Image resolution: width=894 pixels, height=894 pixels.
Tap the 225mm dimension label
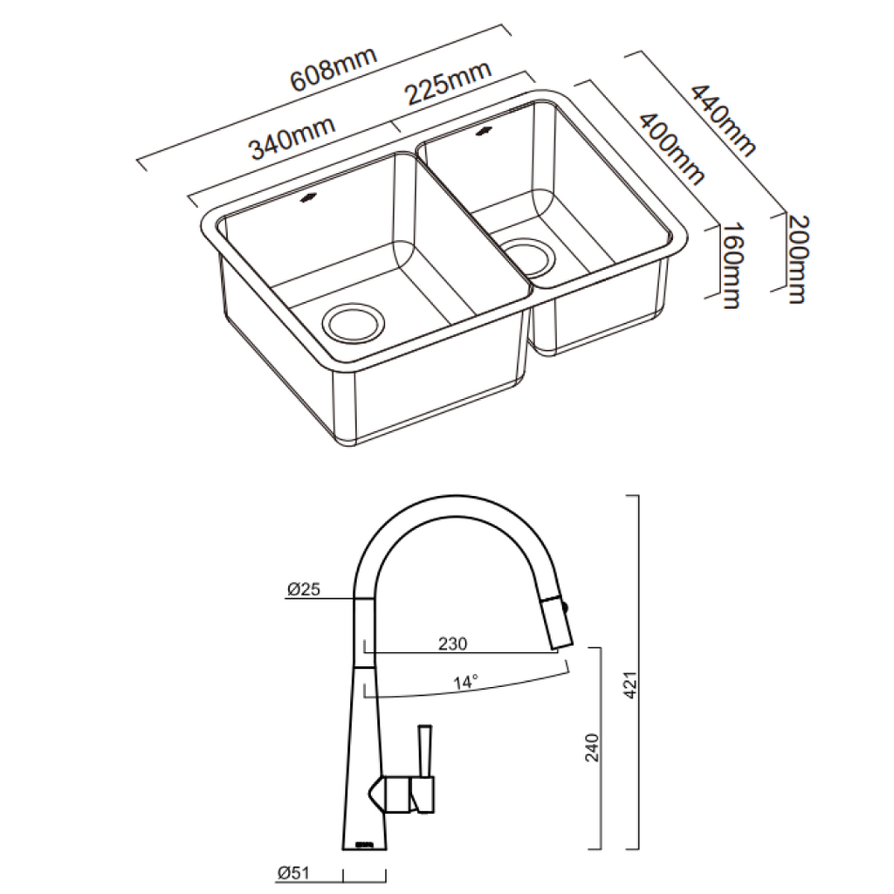(446, 84)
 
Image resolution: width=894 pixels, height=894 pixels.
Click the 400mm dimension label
(671, 148)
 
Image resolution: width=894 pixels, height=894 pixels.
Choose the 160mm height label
(732, 265)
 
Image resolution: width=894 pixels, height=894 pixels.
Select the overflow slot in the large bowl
(308, 199)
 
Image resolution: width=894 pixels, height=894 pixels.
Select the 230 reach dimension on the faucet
(452, 644)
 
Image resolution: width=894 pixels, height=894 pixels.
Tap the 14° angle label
(465, 684)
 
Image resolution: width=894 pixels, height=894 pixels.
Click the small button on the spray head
(569, 605)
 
